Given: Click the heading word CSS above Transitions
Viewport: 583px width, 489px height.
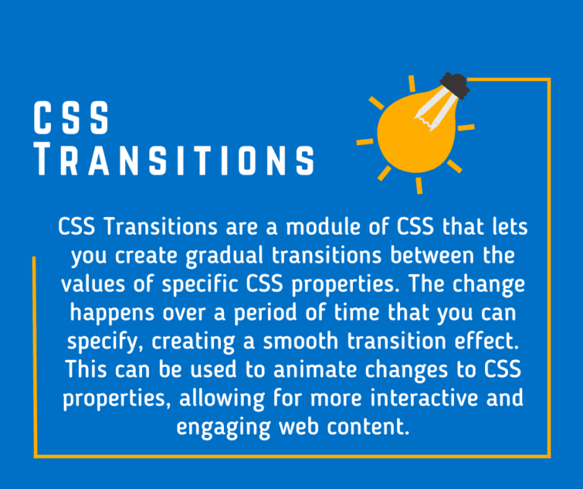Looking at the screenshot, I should point(72,119).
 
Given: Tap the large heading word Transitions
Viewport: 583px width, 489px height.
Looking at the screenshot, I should point(175,160).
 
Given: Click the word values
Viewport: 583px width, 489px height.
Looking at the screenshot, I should point(94,284).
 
